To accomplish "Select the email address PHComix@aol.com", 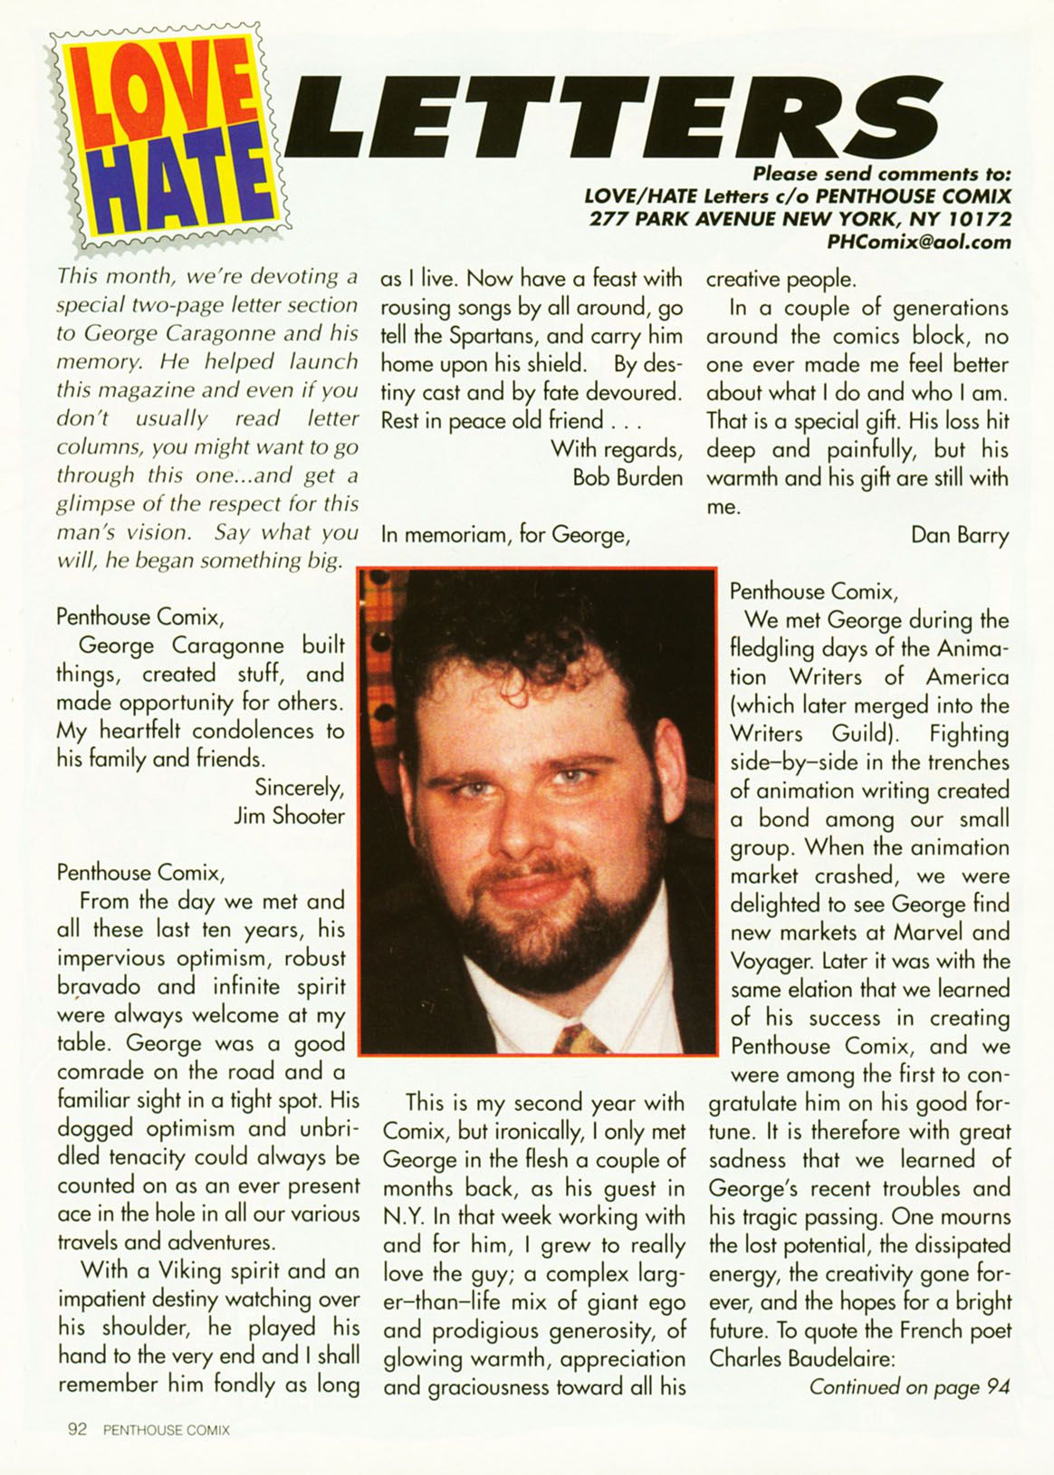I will (918, 242).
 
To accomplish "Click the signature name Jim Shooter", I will (289, 816).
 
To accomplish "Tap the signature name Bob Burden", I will (628, 477).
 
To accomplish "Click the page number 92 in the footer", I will (77, 1430).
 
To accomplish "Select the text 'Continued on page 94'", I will (908, 1387).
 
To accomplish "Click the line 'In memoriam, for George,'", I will (504, 535).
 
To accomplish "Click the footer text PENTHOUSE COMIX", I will (167, 1431).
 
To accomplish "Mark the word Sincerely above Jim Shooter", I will (299, 788).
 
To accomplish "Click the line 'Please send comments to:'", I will (881, 174).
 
